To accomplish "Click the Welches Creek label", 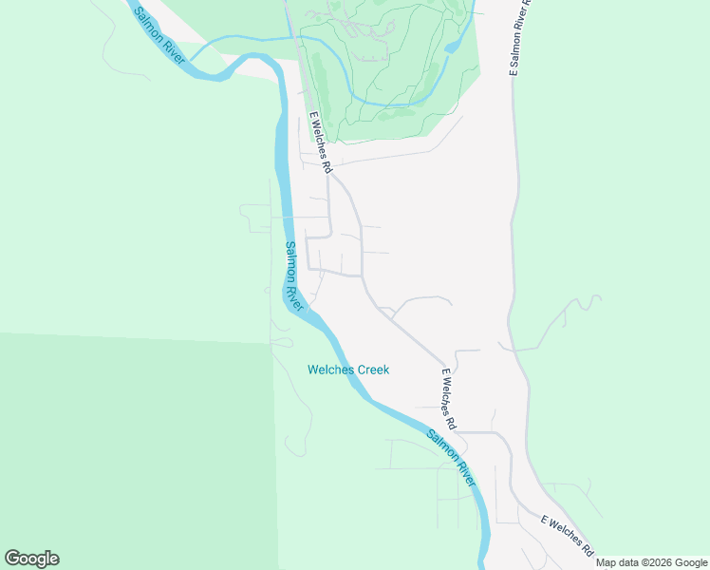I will (348, 370).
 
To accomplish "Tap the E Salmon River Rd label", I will (520, 38).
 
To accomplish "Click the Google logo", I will (31, 558).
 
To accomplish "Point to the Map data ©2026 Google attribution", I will (651, 562).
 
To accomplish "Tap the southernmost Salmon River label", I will (451, 458).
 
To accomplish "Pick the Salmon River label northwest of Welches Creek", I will (294, 276).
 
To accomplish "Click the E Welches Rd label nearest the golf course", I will (321, 142).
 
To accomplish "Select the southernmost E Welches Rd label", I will (567, 537).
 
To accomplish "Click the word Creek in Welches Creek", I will (372, 370).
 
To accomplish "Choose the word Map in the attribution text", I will (606, 562).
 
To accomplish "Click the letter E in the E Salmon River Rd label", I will (514, 72).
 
